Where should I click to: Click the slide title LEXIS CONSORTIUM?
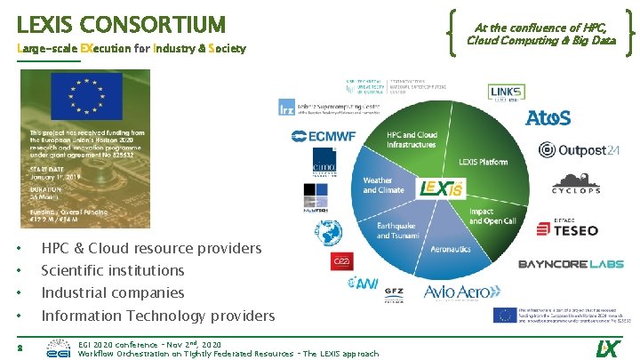(121, 23)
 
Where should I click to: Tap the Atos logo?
(548, 117)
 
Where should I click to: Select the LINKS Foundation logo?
(506, 93)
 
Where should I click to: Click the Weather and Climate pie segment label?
(377, 185)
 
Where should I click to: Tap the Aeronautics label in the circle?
(451, 250)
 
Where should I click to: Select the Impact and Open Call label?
(492, 215)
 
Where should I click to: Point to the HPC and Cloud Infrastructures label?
(412, 140)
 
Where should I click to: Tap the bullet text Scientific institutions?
(113, 270)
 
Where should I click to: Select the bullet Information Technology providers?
(158, 316)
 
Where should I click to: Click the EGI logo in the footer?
(58, 348)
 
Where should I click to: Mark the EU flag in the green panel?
(85, 97)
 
